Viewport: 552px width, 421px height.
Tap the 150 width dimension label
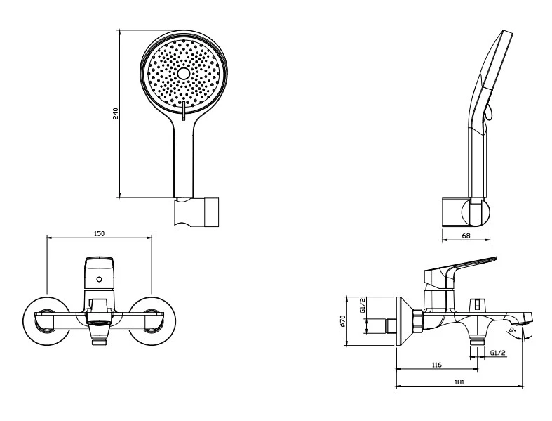pos(99,233)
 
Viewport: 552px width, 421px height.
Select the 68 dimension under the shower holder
pos(466,235)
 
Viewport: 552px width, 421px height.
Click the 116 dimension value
pos(436,364)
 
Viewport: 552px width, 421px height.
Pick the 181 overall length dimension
pos(459,382)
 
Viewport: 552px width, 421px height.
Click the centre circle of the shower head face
pos(184,73)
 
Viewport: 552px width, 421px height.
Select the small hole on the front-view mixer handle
pos(99,279)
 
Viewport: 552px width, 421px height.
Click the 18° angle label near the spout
pos(515,328)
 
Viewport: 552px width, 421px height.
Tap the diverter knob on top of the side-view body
pos(478,305)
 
